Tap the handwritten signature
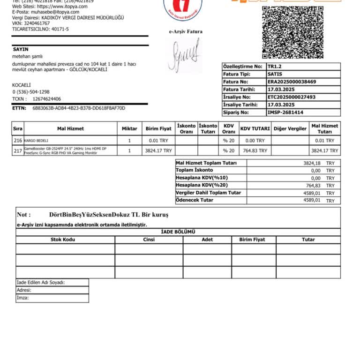(184, 56)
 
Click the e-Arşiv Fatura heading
(186, 32)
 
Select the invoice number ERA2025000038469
(292, 82)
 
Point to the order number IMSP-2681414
(285, 112)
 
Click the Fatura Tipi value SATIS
(275, 74)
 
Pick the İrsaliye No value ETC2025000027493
(292, 97)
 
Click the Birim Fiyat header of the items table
(158, 128)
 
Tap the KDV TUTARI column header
(255, 128)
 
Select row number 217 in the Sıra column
(18, 150)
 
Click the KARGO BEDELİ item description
(36, 141)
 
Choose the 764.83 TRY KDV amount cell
(255, 150)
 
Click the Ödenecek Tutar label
(195, 200)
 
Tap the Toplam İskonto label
(194, 170)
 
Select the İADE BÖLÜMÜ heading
(178, 232)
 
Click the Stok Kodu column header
(63, 240)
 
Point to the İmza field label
(22, 298)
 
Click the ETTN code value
(79, 108)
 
